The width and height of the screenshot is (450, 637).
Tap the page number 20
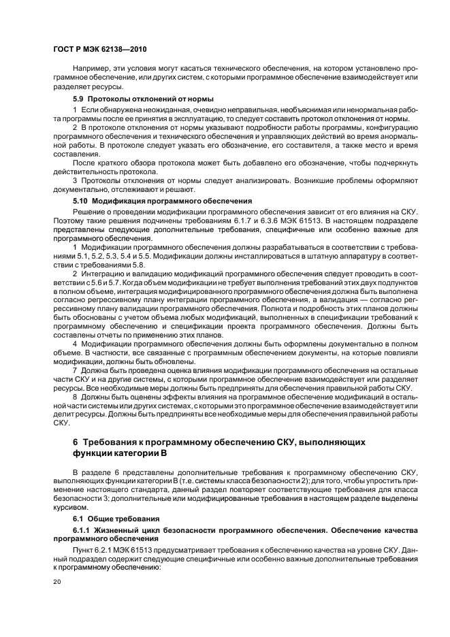pyautogui.click(x=57, y=583)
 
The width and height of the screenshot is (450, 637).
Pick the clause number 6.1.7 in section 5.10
pyautogui.click(x=274, y=223)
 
